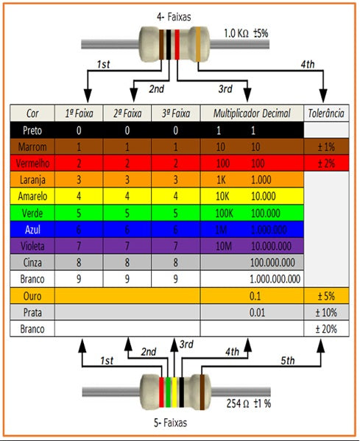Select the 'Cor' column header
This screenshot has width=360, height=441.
click(x=32, y=114)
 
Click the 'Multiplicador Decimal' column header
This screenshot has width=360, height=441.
click(x=252, y=114)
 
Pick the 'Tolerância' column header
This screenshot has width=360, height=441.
click(x=326, y=114)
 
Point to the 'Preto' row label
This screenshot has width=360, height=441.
click(x=32, y=130)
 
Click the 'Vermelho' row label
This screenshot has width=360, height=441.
click(x=32, y=163)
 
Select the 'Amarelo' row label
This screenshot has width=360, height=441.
click(x=32, y=196)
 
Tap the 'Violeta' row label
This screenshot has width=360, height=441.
click(x=32, y=244)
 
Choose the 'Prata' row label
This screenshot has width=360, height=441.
click(x=32, y=313)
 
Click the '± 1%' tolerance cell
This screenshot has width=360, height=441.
click(x=326, y=147)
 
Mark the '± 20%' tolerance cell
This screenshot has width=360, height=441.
click(x=326, y=329)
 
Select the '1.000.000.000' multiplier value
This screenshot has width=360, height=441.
click(x=275, y=279)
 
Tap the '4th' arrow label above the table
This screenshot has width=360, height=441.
click(x=308, y=66)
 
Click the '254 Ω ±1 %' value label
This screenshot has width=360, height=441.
click(x=249, y=403)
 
